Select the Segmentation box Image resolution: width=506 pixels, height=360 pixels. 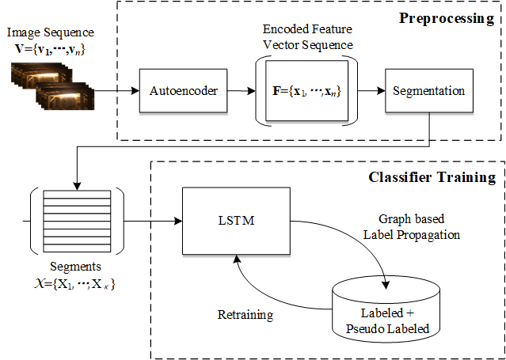(x=428, y=90)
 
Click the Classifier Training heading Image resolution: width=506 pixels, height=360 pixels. (x=432, y=177)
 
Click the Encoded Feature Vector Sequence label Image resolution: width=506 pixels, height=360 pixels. (x=307, y=38)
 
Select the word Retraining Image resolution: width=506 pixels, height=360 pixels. (x=245, y=314)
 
